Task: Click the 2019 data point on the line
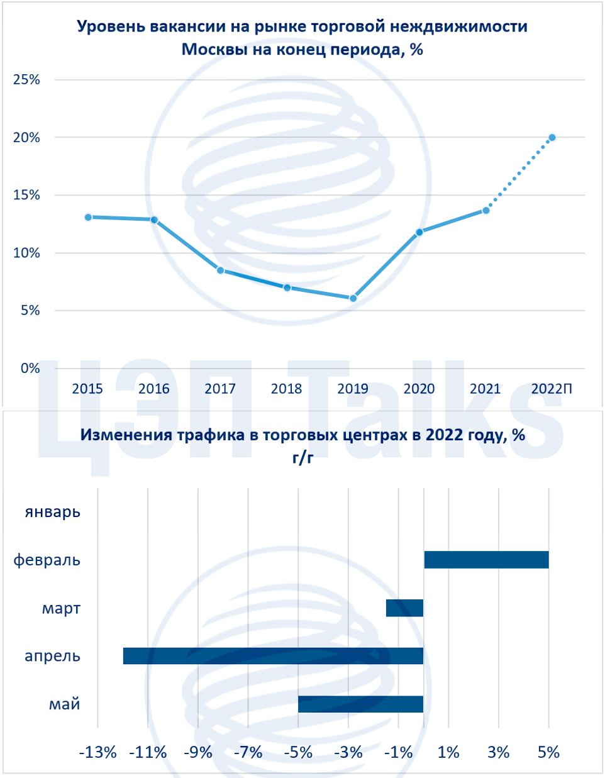click(x=353, y=298)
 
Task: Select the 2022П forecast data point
click(x=552, y=138)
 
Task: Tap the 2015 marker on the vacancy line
click(x=88, y=217)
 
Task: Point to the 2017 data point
click(x=220, y=270)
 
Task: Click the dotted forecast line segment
click(x=519, y=174)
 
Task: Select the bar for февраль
click(x=486, y=560)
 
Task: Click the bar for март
click(x=404, y=608)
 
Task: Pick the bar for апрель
click(x=273, y=656)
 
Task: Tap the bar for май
click(x=360, y=704)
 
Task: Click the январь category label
click(x=53, y=512)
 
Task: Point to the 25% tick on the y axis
click(x=26, y=80)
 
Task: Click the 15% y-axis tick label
click(x=26, y=195)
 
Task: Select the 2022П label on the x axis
click(x=552, y=389)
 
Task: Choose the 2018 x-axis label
click(x=286, y=389)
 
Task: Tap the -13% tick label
click(x=98, y=752)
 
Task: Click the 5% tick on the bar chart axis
click(x=548, y=752)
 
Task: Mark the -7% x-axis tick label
click(x=248, y=752)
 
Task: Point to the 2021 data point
click(x=486, y=210)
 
